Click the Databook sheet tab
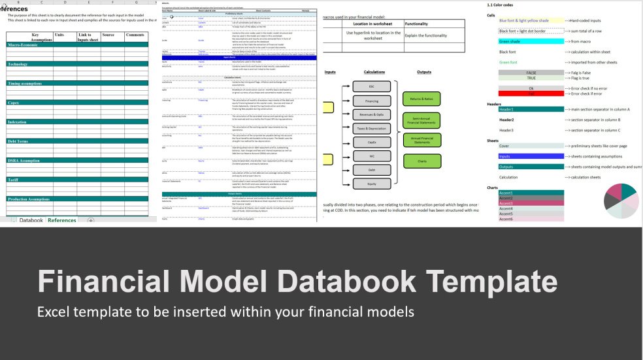31,221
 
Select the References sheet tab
62,221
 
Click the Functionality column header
416,23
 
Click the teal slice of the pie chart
627,191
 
